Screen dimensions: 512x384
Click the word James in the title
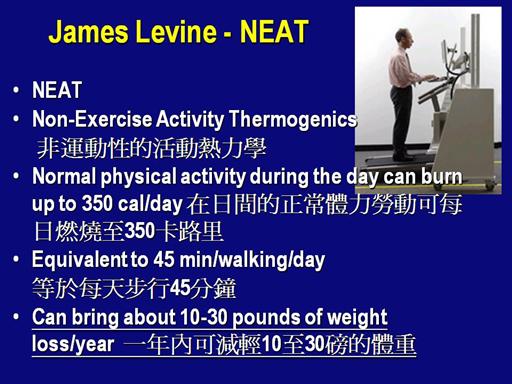tap(88, 32)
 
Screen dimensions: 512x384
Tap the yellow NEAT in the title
tap(273, 32)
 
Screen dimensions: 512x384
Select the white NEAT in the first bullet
tap(57, 90)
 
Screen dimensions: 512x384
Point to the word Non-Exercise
tap(92, 119)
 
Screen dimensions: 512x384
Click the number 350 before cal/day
tap(97, 203)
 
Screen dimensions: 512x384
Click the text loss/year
tap(73, 344)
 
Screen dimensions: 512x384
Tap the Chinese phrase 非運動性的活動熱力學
tap(152, 148)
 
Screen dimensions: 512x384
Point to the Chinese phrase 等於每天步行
tap(101, 288)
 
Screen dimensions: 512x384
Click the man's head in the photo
tap(402, 37)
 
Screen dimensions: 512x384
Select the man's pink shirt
tap(401, 68)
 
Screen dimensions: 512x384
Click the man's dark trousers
tap(401, 120)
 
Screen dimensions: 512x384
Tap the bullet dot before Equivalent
tap(16, 260)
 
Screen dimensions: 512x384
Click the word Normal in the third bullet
tap(64, 176)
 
